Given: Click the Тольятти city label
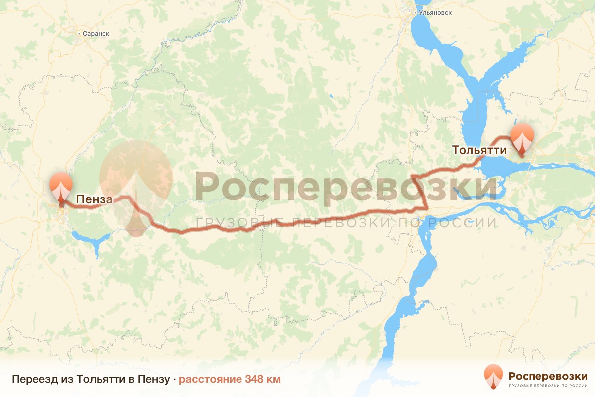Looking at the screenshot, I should (x=479, y=150).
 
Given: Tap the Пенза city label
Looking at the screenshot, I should (x=94, y=199).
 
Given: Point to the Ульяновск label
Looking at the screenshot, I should (x=436, y=12).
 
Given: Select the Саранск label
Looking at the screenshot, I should (x=96, y=34).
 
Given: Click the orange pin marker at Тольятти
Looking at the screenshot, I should (x=522, y=138).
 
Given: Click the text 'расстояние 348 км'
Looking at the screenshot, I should (x=230, y=379).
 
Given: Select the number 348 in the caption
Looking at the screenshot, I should (x=253, y=379).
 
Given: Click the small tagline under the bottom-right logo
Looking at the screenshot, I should (x=548, y=385).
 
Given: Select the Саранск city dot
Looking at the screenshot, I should (x=79, y=34).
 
